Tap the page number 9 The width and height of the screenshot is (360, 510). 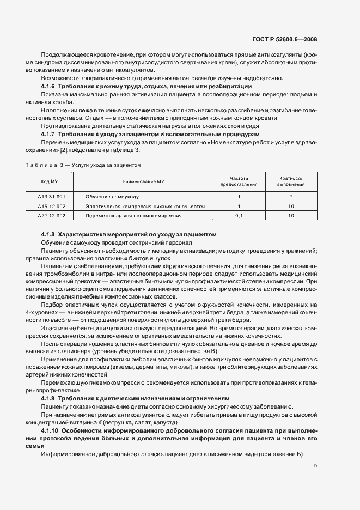coord(315,465)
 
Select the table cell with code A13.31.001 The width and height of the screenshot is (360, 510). coord(50,196)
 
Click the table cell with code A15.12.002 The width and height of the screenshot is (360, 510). coord(50,206)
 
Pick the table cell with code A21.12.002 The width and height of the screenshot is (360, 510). coord(50,216)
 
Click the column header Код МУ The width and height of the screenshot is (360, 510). coord(50,181)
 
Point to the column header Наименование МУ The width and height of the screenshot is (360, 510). coord(143,181)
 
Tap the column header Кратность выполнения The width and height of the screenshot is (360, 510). coord(291,181)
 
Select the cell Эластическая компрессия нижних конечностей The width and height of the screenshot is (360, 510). coord(145,206)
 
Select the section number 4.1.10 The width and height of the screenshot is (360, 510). coord(50,430)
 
